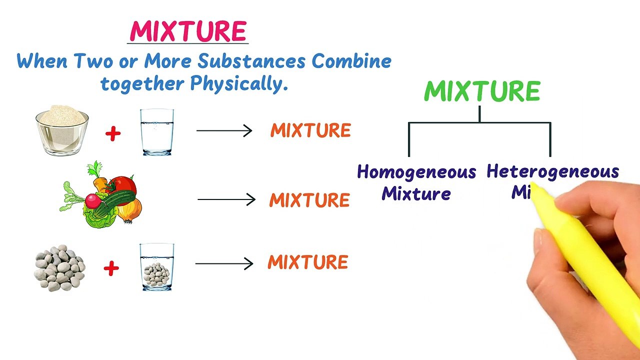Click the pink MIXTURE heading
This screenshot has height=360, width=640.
(188, 31)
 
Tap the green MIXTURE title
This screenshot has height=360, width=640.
(481, 91)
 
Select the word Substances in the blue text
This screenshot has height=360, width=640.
(251, 61)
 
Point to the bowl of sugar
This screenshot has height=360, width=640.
(62, 129)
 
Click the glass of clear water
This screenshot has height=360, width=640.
(157, 132)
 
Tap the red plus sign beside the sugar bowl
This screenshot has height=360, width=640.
(113, 133)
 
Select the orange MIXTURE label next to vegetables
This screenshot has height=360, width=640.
(309, 200)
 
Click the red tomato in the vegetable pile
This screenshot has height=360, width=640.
(121, 186)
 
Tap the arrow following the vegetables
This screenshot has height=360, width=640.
(226, 200)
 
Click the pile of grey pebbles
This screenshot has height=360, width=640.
(59, 267)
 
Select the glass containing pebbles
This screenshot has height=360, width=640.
(157, 267)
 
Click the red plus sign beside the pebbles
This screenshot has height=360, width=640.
(111, 268)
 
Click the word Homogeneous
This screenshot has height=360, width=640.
(416, 172)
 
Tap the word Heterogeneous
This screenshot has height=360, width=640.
(552, 171)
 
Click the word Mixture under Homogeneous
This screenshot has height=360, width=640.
(416, 193)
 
